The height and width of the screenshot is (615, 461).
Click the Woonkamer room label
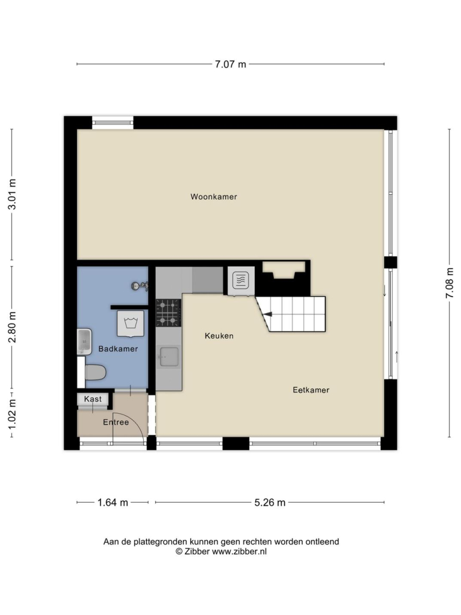214,196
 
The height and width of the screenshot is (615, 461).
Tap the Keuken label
219,336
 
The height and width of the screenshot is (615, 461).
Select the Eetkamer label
311,390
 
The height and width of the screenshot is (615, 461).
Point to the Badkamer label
118,348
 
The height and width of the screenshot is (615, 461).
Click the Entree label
116,422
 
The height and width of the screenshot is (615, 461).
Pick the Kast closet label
92,399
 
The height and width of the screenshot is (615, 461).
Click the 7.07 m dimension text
230,64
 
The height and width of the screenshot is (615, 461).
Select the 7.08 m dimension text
450,283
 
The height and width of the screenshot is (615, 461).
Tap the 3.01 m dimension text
12,194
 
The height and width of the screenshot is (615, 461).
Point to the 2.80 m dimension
12,327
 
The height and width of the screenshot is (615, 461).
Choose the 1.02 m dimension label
12,414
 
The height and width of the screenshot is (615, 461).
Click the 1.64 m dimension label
113,502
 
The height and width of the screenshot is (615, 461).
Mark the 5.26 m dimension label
270,502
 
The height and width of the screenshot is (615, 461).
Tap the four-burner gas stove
168,313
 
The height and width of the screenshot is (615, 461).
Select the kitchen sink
168,357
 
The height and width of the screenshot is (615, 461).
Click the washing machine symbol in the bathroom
130,323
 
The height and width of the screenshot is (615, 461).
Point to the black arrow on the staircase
268,314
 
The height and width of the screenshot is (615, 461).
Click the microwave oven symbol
240,280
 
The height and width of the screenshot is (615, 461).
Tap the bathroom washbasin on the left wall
84,342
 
